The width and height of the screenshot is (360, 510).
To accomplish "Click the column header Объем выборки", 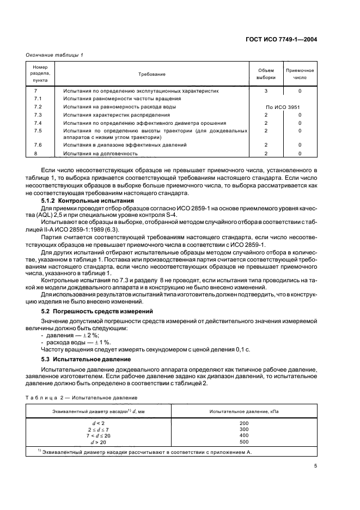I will tap(266, 74).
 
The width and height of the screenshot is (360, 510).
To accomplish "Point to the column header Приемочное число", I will tap(300, 74).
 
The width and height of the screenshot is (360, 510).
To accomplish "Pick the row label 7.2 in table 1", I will tap(38, 107).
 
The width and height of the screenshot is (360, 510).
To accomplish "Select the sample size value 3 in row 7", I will tap(266, 91).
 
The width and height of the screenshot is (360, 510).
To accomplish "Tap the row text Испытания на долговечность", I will tap(97, 154).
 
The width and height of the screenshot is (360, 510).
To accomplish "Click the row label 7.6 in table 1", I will tap(38, 145).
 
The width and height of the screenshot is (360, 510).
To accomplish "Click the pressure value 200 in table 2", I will tap(243, 423).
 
